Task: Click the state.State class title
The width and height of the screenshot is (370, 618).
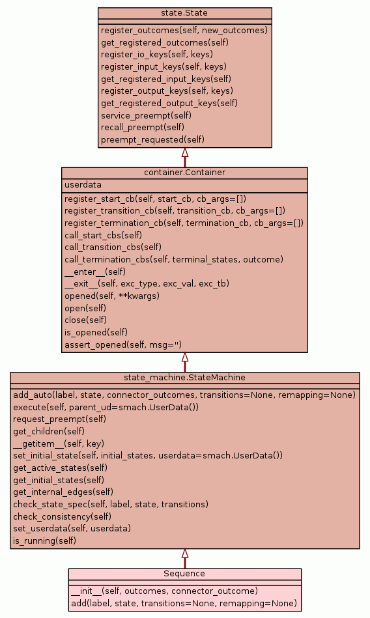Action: tap(184, 13)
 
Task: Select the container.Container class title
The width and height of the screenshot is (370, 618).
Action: tap(184, 173)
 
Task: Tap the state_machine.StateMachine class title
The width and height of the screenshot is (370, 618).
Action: tap(184, 378)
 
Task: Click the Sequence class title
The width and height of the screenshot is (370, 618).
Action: tap(184, 574)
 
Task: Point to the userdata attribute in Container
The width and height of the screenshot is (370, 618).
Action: tap(83, 185)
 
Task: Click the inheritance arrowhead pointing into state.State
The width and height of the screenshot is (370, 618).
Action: tap(184, 152)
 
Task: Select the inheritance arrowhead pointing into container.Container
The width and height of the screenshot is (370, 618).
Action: tap(184, 357)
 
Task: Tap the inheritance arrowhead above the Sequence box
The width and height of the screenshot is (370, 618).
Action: tap(184, 554)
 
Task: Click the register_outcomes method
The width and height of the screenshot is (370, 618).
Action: tap(184, 31)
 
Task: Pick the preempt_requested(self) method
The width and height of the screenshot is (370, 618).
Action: tap(152, 139)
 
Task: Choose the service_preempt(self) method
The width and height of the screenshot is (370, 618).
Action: tap(146, 115)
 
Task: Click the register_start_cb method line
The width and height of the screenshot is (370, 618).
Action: tap(155, 199)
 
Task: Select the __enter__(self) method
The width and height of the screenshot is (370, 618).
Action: tap(95, 272)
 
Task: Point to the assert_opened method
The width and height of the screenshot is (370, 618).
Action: tap(123, 345)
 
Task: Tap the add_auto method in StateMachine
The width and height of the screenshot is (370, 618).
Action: tap(184, 395)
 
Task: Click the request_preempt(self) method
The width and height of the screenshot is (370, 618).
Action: tap(59, 419)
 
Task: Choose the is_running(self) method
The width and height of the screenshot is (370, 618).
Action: tap(44, 541)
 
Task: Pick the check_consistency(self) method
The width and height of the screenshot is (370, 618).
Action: tap(63, 516)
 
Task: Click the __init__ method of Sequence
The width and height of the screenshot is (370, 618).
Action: tap(165, 591)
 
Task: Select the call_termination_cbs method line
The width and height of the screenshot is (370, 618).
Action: tap(174, 259)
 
